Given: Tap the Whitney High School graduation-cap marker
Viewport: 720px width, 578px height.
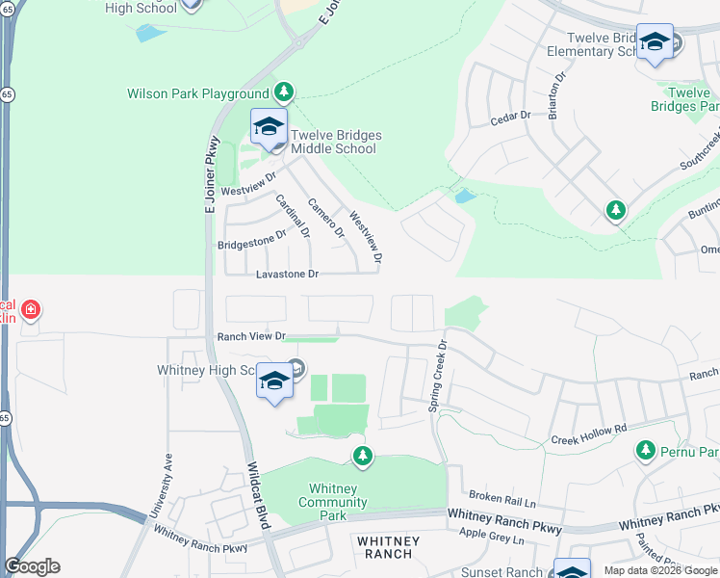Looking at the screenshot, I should tap(274, 381).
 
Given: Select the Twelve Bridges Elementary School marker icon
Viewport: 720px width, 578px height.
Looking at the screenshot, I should tap(655, 42).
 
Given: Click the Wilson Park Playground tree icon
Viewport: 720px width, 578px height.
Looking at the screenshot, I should tap(283, 92).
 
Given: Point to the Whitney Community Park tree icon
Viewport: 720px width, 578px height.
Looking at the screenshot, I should tap(362, 456).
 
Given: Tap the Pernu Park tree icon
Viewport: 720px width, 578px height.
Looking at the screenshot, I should tap(645, 450).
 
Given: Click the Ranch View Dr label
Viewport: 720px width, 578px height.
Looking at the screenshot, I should tap(251, 336).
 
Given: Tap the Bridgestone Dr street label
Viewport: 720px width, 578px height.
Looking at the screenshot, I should tap(252, 239).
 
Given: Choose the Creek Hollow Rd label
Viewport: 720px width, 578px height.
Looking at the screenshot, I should tap(588, 433).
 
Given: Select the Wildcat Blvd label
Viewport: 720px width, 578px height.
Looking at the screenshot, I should tap(257, 495).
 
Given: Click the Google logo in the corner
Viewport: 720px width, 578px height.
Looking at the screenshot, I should tap(32, 566).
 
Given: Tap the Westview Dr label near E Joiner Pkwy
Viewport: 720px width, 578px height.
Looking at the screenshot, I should tap(248, 183).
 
